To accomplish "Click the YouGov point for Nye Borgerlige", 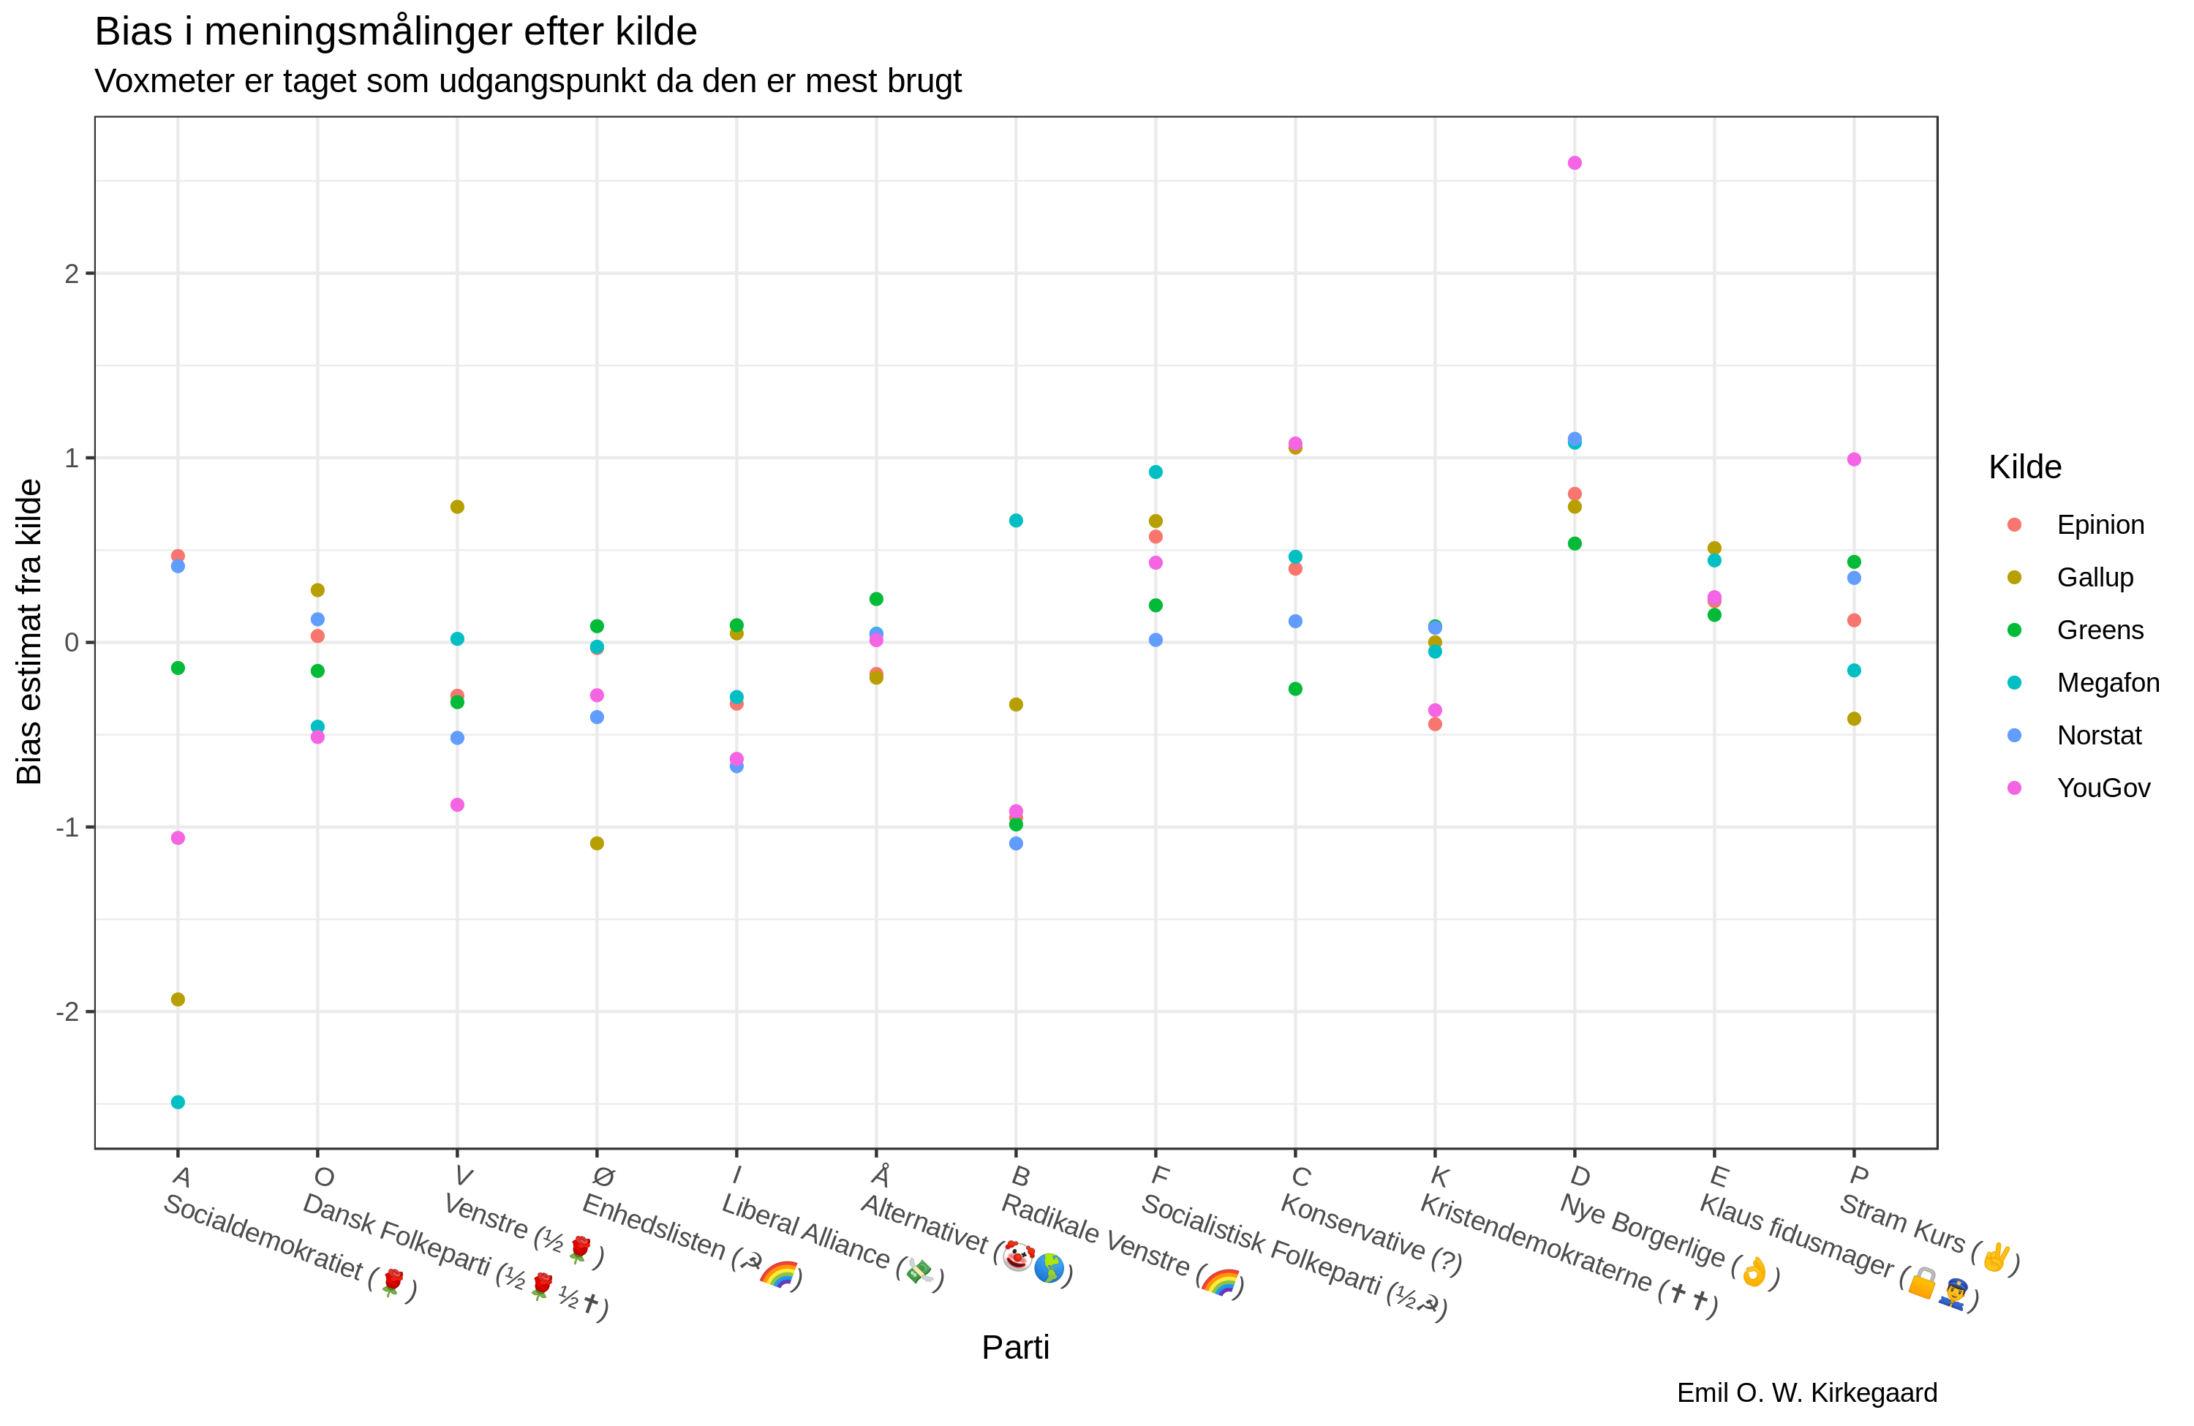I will click(1575, 163).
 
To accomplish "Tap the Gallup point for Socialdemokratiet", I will click(178, 999).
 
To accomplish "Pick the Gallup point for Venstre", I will click(457, 507).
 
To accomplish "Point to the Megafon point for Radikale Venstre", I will click(1016, 521).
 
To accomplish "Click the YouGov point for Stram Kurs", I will click(1854, 459).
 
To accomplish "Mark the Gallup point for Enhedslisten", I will click(597, 843).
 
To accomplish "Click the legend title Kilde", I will click(2024, 467).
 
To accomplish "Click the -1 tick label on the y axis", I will click(67, 828).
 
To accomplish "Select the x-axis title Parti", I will click(1015, 1348).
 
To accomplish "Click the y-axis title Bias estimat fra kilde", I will click(29, 631).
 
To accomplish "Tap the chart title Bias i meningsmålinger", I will click(396, 32).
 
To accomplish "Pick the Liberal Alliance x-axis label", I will click(829, 1240).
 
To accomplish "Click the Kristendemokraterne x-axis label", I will click(1567, 1256).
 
